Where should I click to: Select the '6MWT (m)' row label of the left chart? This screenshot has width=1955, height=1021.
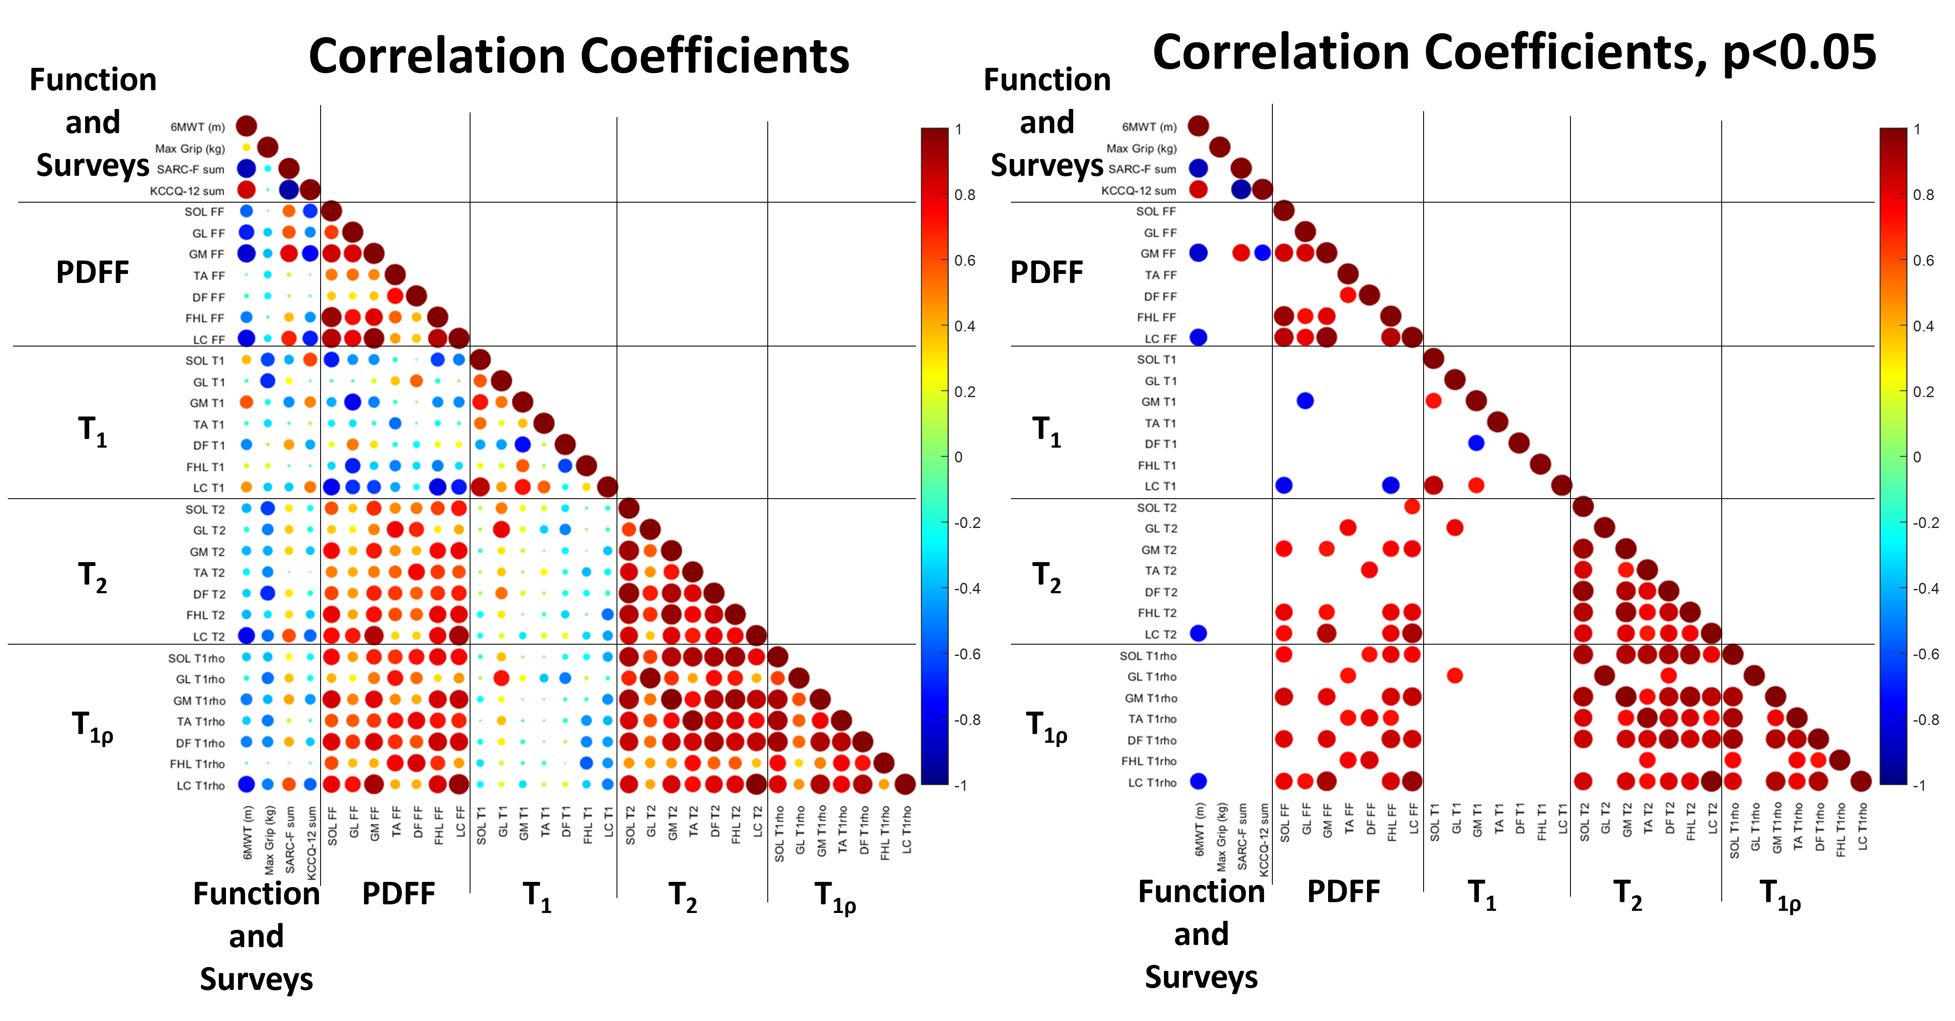pos(197,127)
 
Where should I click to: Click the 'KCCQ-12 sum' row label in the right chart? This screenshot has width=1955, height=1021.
pos(1138,191)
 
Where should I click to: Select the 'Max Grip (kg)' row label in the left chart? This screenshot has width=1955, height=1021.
pos(190,148)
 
